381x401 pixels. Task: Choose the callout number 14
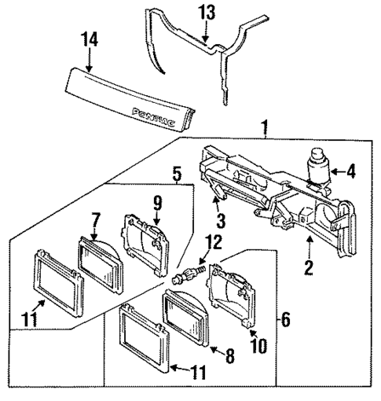85,37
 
